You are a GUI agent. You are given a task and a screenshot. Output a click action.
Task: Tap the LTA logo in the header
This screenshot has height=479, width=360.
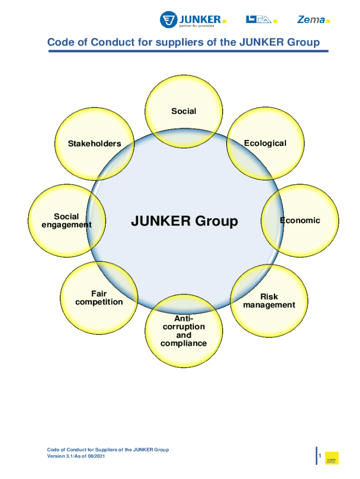coord(259,20)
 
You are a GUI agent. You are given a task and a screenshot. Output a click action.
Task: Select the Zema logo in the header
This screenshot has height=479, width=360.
coord(310,20)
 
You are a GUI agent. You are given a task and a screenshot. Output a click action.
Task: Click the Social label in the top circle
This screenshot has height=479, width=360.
coord(184,111)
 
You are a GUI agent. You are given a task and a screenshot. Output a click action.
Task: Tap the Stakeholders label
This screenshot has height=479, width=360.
coord(94,144)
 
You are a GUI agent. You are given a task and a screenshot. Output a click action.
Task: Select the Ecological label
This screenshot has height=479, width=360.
coord(265,143)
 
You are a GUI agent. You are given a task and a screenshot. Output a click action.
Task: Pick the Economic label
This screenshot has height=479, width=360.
coord(300,220)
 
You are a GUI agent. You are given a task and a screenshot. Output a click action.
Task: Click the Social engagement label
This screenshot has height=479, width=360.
coord(67,221)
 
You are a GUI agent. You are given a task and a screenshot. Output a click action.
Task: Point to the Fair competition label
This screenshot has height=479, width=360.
coord(99,298)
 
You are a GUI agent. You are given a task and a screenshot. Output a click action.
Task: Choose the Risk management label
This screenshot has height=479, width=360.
coord(269,301)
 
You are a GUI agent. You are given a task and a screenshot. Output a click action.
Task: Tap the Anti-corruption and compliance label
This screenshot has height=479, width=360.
coord(184,331)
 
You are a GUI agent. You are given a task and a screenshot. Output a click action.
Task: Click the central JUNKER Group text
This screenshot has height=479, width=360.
coord(184,221)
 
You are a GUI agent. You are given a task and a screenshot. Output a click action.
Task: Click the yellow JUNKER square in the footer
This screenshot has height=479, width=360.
coord(331,458)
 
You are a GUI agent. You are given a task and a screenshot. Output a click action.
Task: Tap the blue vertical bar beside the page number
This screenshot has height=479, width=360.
coord(317,455)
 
